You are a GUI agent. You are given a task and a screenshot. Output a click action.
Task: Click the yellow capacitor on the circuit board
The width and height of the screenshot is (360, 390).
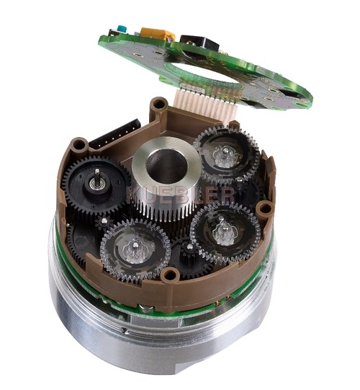tap(158, 34)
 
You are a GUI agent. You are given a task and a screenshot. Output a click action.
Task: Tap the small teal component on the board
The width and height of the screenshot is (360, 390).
tap(122, 29)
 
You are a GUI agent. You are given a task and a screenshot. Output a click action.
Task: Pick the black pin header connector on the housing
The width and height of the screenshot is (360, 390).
tap(115, 135)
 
